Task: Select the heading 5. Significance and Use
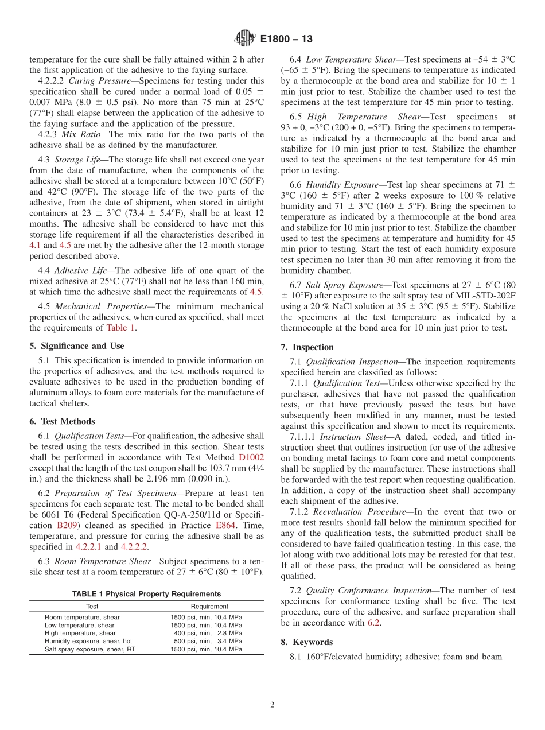(x=76, y=345)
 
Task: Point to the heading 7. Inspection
(x=307, y=347)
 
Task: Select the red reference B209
(x=69, y=525)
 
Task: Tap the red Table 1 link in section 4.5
(x=120, y=328)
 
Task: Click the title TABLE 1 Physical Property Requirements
(x=146, y=593)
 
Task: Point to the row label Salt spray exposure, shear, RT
(x=90, y=649)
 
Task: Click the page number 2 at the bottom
(x=272, y=705)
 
